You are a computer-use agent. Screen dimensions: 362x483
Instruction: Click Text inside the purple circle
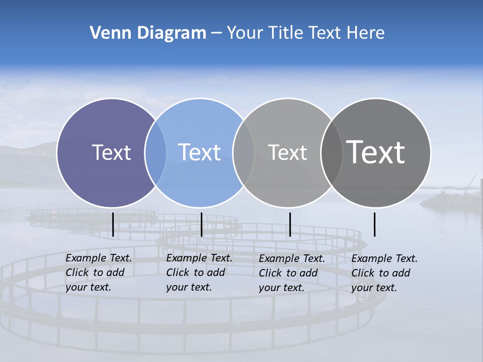click(x=111, y=152)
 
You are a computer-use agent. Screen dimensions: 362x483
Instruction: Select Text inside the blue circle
click(x=199, y=152)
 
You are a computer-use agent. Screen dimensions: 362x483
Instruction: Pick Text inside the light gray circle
click(x=287, y=152)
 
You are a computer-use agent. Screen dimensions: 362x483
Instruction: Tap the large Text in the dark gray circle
click(x=376, y=152)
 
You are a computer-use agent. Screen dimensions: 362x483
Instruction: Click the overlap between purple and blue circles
click(x=155, y=152)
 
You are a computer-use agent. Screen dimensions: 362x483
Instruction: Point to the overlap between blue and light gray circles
click(x=244, y=152)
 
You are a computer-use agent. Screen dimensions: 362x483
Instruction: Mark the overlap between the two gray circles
click(x=332, y=152)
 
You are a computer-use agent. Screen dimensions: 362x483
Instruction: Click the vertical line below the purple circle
click(x=113, y=224)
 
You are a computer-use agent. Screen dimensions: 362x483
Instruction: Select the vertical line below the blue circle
click(x=201, y=224)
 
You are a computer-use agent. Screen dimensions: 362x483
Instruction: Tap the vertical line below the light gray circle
click(x=290, y=224)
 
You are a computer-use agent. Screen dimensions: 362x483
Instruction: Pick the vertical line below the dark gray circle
click(x=374, y=224)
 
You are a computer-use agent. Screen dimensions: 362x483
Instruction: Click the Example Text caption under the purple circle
click(x=99, y=273)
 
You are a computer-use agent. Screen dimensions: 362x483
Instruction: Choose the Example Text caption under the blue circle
click(x=199, y=273)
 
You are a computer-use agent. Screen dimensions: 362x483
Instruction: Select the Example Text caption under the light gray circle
click(x=292, y=273)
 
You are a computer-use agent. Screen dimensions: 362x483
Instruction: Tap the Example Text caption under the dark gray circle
click(x=384, y=273)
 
